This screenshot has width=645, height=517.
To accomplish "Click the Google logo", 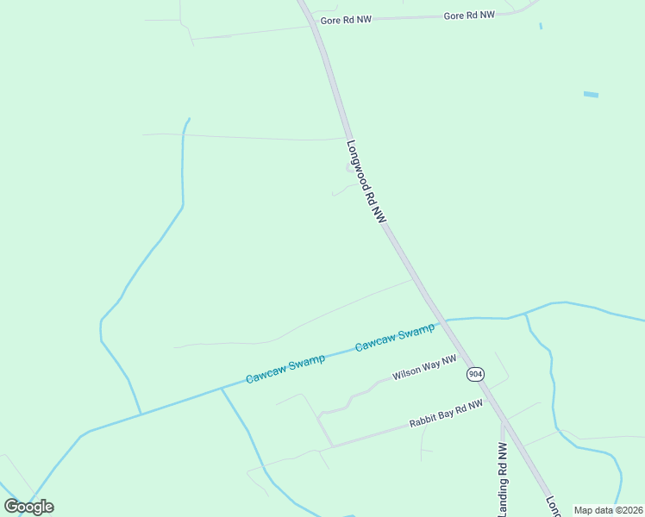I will [29, 507].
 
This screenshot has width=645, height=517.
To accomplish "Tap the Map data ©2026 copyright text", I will [608, 510].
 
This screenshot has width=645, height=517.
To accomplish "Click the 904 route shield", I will [475, 373].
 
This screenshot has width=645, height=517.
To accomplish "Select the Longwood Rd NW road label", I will [365, 184].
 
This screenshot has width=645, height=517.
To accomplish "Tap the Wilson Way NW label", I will [424, 369].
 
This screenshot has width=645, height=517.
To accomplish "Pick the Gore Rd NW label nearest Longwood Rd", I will [345, 19].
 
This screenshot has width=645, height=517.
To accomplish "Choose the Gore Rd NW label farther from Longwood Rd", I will [469, 16].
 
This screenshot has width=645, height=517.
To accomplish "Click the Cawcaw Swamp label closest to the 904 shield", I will [395, 338].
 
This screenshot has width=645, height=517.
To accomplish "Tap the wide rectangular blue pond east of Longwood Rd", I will [591, 94].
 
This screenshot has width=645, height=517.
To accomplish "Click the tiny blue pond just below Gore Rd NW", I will [541, 27].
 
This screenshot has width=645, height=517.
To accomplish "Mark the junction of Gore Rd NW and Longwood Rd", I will [312, 22].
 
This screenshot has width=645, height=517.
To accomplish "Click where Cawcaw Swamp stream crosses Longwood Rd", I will [441, 321].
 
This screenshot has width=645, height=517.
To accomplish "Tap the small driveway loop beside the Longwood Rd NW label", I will [350, 168].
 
